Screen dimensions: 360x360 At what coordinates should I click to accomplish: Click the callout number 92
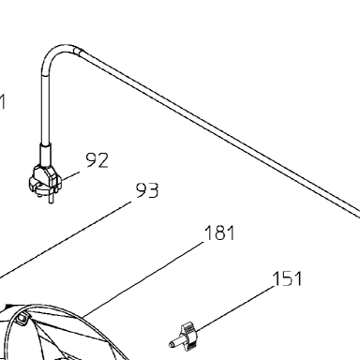point(97,160)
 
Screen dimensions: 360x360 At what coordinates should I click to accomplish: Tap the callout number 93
point(147,190)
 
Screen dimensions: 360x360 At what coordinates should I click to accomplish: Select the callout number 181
point(219,232)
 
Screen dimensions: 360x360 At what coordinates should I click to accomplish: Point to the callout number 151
point(287,278)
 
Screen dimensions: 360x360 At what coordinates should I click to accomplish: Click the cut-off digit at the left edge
point(3,102)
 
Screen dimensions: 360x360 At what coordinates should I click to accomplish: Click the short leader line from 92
point(70,175)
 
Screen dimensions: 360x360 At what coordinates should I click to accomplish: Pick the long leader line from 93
point(66,240)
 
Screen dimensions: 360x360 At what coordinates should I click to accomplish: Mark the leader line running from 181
point(143,277)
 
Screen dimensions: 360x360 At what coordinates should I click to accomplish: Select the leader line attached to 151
point(235,308)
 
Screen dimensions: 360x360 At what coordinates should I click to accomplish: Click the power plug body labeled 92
point(45,180)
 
